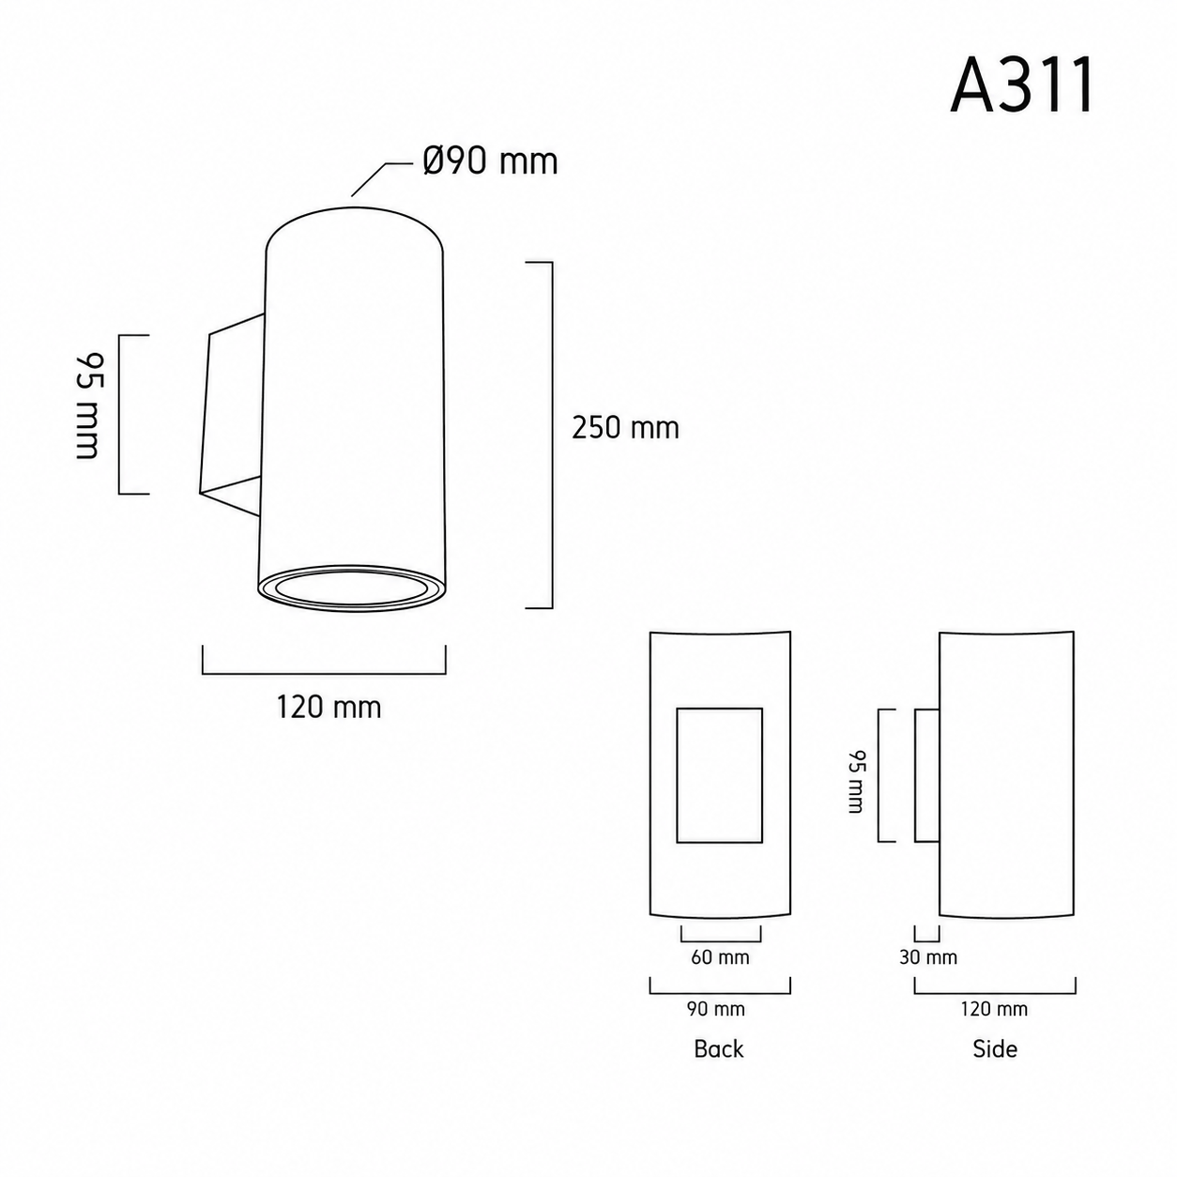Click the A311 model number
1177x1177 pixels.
click(x=1022, y=86)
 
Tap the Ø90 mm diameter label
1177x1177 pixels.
click(x=490, y=161)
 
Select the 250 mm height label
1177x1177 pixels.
click(x=625, y=428)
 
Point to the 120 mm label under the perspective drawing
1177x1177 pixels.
click(x=329, y=708)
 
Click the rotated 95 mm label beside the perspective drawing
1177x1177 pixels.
click(x=89, y=405)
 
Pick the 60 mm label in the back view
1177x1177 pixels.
click(x=720, y=957)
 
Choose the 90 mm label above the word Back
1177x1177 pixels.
click(x=716, y=1008)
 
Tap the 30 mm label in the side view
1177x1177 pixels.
click(x=927, y=957)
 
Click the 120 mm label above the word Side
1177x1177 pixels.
click(x=994, y=1008)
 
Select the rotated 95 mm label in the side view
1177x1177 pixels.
click(x=856, y=781)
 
